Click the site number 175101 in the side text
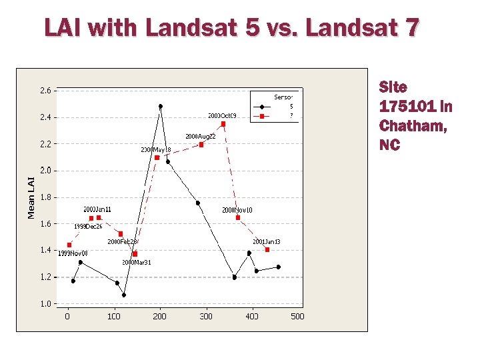[407, 106]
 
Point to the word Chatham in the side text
[413, 125]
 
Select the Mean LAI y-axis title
[31, 197]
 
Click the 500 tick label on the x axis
[297, 316]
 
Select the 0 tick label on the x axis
[67, 316]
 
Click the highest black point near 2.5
[160, 106]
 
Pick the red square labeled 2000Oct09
[223, 124]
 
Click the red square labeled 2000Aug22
[201, 145]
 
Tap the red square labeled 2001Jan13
[267, 249]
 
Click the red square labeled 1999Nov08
[69, 245]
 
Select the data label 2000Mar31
[136, 262]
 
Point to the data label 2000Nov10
[237, 210]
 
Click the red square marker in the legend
[263, 115]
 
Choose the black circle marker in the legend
[263, 106]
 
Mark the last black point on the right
[278, 267]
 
